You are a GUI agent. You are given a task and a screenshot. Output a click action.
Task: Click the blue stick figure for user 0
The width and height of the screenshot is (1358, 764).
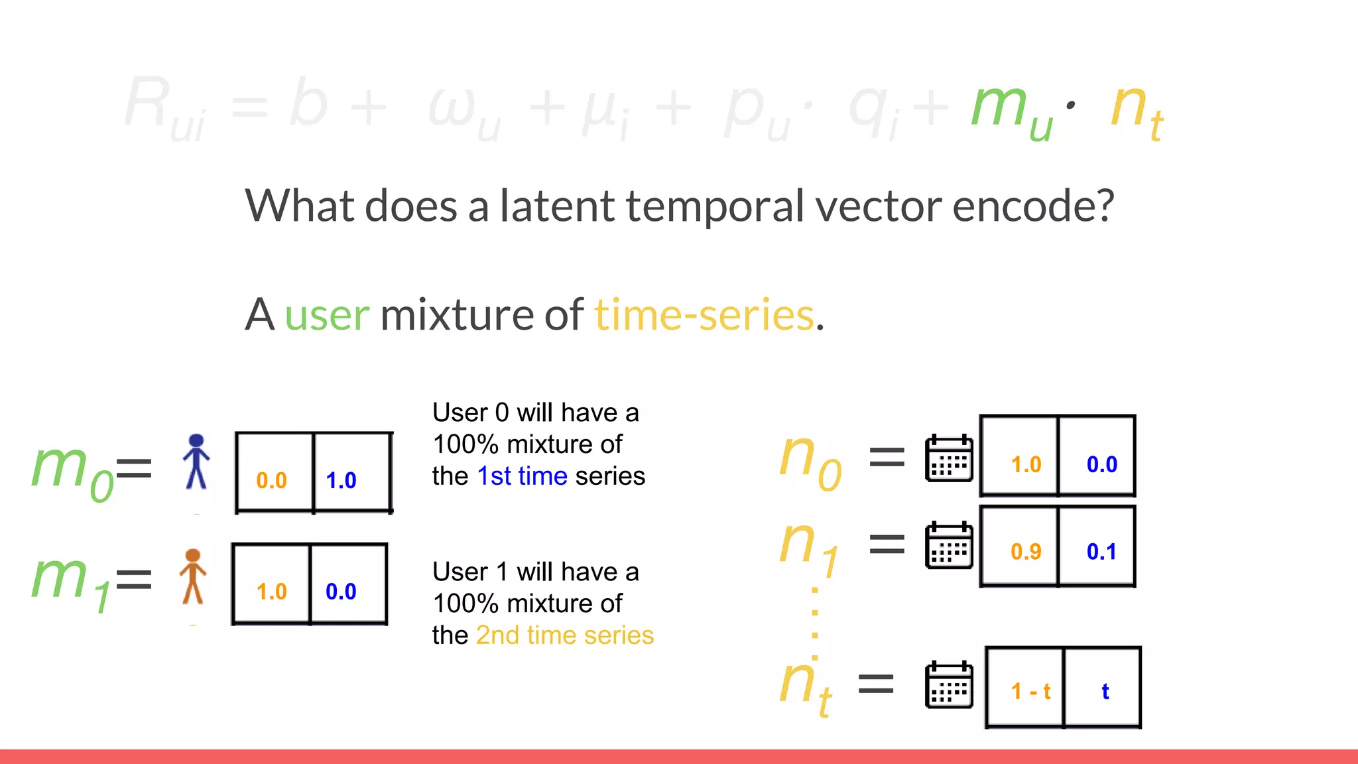pyautogui.click(x=196, y=462)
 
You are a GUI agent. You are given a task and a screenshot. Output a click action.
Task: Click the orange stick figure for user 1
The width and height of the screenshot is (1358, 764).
pyautogui.click(x=193, y=576)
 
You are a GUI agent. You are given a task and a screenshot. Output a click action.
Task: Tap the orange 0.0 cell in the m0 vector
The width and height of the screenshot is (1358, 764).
pyautogui.click(x=272, y=479)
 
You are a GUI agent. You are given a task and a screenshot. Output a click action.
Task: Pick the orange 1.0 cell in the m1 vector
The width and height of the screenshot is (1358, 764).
pyautogui.click(x=271, y=591)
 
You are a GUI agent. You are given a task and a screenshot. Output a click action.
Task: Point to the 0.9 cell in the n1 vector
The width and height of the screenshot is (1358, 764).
pyautogui.click(x=1026, y=551)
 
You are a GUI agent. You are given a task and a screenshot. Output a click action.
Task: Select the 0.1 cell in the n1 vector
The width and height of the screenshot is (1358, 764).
pyautogui.click(x=1101, y=551)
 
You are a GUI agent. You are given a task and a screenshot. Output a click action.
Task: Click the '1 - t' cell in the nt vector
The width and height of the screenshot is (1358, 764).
pyautogui.click(x=1030, y=692)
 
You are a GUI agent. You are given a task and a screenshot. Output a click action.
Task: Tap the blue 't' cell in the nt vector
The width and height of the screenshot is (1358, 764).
pyautogui.click(x=1105, y=692)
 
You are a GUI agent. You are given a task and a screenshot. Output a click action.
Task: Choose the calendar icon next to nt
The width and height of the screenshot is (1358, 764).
pyautogui.click(x=949, y=685)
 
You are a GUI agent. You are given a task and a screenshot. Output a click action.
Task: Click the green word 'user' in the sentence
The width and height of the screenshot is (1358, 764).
pyautogui.click(x=327, y=314)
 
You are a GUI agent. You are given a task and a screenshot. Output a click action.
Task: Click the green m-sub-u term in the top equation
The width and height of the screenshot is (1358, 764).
pyautogui.click(x=1011, y=109)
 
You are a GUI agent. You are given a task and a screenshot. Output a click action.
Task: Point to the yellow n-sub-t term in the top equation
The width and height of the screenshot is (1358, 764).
pyautogui.click(x=1136, y=109)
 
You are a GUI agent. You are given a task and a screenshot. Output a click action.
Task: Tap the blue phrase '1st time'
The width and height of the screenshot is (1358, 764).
pyautogui.click(x=522, y=476)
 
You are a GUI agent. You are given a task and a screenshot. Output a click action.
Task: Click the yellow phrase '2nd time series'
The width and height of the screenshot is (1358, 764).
pyautogui.click(x=565, y=635)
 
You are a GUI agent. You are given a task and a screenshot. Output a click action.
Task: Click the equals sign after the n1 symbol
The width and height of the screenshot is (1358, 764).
pyautogui.click(x=887, y=544)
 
